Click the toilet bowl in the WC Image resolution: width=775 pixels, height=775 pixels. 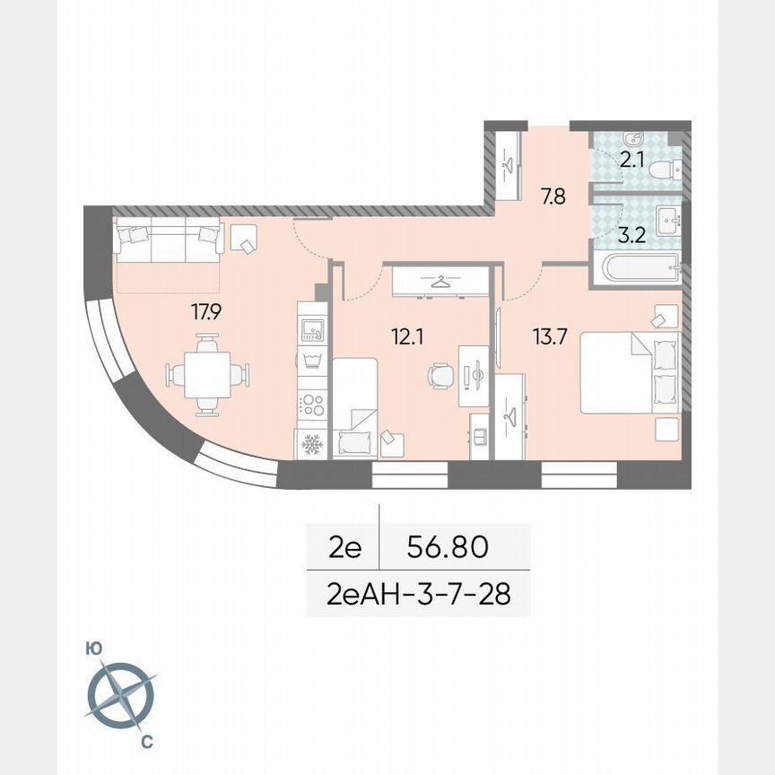coord(665,169)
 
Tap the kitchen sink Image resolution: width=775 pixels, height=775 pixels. coord(313,331)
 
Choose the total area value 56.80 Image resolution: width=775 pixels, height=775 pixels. coord(447,546)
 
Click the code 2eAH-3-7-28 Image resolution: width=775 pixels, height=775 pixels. coord(418,594)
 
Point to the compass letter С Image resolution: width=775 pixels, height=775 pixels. coord(147,741)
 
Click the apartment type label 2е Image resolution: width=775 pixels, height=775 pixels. coord(344,546)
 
